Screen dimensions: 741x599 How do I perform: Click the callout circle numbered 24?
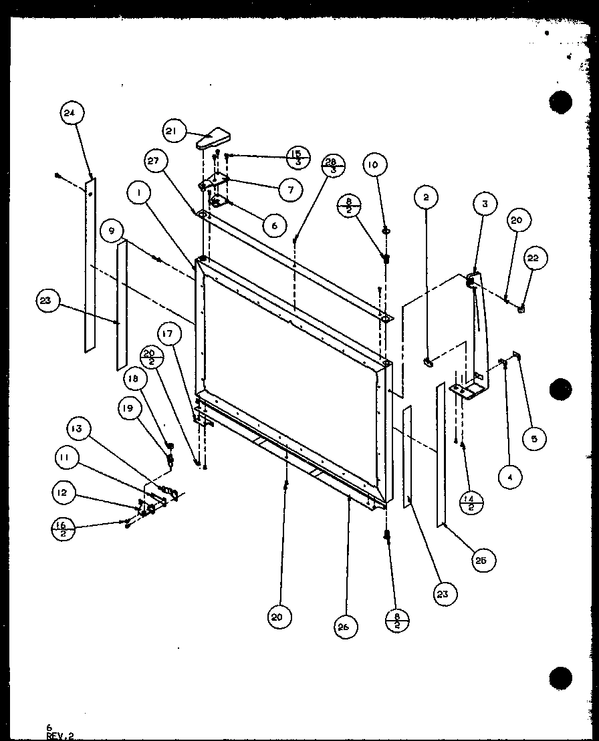(70, 114)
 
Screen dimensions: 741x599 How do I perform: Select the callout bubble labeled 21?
(171, 132)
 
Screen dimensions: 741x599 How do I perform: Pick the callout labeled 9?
(111, 231)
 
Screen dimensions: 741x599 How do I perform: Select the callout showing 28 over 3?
(334, 165)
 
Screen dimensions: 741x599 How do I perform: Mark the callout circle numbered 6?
(271, 226)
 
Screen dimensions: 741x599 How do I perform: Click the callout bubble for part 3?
(486, 203)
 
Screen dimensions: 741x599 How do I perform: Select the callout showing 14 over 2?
(471, 502)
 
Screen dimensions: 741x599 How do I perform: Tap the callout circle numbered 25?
(481, 561)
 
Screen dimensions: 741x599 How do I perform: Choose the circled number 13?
(78, 429)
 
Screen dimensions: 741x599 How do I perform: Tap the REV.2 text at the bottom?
(60, 736)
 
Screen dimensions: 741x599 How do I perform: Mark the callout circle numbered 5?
(535, 439)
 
